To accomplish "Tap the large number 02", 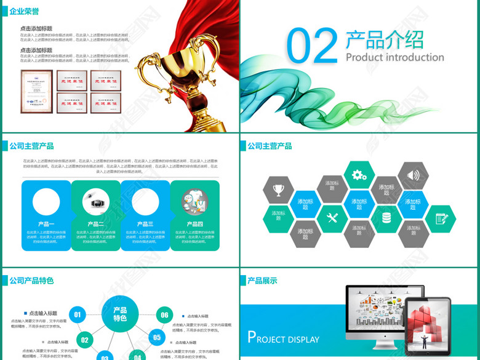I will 313,46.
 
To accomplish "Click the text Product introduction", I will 394,57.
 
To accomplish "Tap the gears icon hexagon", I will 359,175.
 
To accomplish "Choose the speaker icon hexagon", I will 413,175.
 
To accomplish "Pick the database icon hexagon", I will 386,217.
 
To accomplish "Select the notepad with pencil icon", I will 441,218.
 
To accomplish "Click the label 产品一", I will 46,224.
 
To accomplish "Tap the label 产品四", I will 195,224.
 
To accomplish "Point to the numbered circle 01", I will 78,315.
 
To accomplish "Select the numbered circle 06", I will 164,315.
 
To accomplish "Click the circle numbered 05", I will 157,337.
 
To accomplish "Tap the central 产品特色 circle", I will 120,314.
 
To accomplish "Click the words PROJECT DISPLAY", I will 283,338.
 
